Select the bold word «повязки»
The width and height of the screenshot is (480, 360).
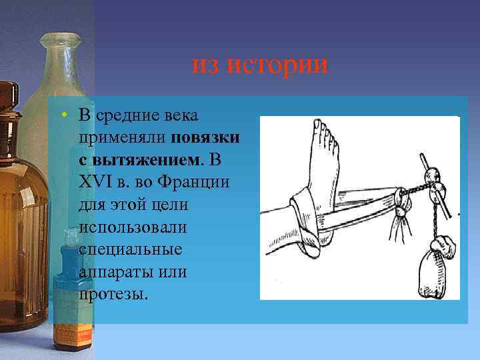tap(206, 139)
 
